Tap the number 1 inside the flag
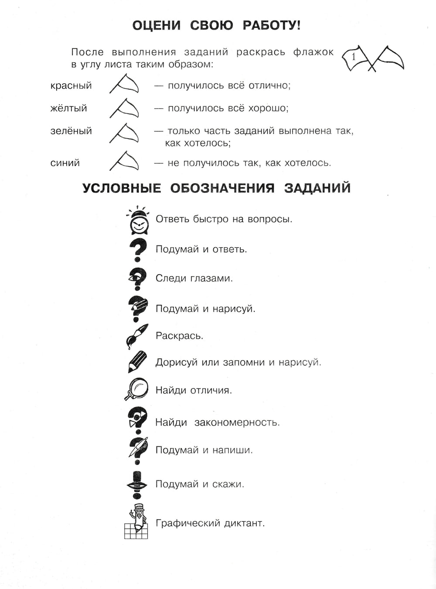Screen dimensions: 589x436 (x=354, y=57)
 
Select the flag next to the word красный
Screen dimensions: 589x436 (x=124, y=84)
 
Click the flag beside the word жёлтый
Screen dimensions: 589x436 (x=124, y=107)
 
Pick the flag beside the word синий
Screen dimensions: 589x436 (x=124, y=161)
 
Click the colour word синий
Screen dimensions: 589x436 (x=65, y=163)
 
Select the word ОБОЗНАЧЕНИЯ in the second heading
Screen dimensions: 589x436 (x=222, y=188)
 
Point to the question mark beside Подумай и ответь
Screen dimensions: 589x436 (x=138, y=250)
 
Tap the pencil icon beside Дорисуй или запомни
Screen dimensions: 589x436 (x=137, y=362)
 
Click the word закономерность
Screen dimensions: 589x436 (x=237, y=422)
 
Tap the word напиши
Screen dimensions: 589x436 (x=232, y=450)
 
